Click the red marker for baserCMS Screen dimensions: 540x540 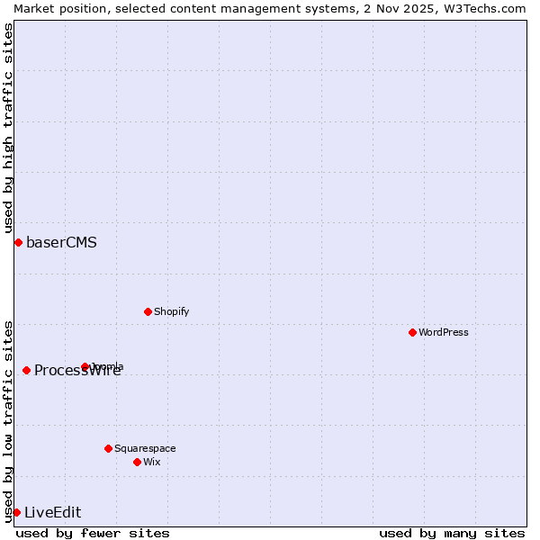(x=18, y=242)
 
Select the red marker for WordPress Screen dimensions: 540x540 (x=412, y=332)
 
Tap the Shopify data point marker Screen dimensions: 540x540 (x=148, y=311)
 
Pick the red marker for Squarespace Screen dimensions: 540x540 (x=108, y=448)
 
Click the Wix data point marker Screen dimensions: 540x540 (x=137, y=462)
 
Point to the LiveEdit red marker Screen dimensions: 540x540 (x=16, y=512)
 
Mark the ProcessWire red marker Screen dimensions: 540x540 (x=26, y=370)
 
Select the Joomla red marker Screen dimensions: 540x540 (x=85, y=366)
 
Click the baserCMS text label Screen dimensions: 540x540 (x=61, y=242)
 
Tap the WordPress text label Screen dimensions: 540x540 (x=444, y=332)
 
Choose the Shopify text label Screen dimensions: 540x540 (x=172, y=311)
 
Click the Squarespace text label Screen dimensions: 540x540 (x=145, y=448)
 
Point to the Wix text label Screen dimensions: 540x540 (x=152, y=462)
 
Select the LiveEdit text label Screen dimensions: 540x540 (x=52, y=512)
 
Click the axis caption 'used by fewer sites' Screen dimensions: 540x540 (x=93, y=533)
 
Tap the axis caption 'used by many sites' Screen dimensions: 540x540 (x=452, y=533)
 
